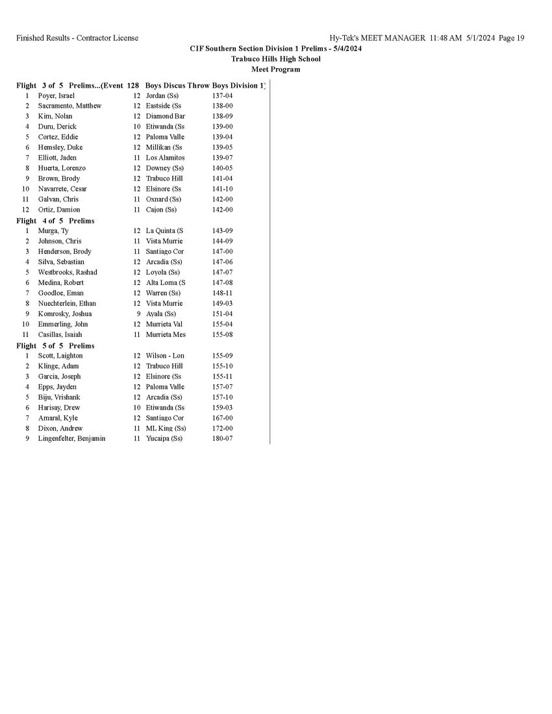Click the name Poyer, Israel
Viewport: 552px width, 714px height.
pos(56,95)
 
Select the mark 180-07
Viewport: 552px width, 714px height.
pos(222,439)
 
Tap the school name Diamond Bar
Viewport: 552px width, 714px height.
pos(165,116)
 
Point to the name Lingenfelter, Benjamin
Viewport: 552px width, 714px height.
pos(71,439)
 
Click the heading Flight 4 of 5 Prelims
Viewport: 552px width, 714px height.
pos(55,221)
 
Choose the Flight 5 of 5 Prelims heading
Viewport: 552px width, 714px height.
pos(55,346)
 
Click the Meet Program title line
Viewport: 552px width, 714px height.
pos(275,69)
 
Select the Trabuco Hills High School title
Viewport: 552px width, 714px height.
pos(275,59)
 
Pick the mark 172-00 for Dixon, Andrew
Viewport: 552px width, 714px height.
pos(222,428)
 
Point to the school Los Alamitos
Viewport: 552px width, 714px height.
pos(165,158)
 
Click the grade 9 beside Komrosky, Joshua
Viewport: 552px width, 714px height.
pos(138,314)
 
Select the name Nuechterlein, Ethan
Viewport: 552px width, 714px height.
pos(67,303)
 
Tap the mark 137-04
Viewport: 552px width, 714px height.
pos(222,95)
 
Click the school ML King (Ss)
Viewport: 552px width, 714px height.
pos(166,428)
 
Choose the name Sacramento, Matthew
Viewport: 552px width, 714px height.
pos(69,106)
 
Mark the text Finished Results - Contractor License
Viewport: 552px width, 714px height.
pos(77,38)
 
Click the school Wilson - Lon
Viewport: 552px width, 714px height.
pos(165,356)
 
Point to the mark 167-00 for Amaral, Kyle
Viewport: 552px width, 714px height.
pos(222,418)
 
